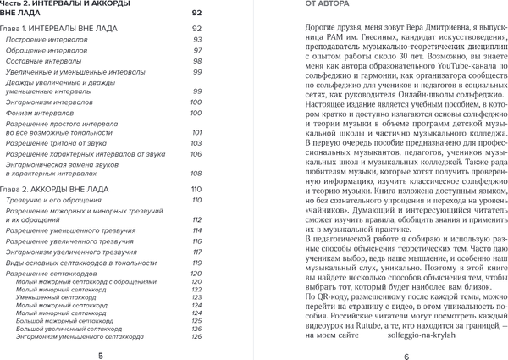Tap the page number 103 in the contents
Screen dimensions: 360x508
click(x=196, y=144)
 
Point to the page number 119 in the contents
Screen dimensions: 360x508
click(x=196, y=262)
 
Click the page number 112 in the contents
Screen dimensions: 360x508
click(x=196, y=219)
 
